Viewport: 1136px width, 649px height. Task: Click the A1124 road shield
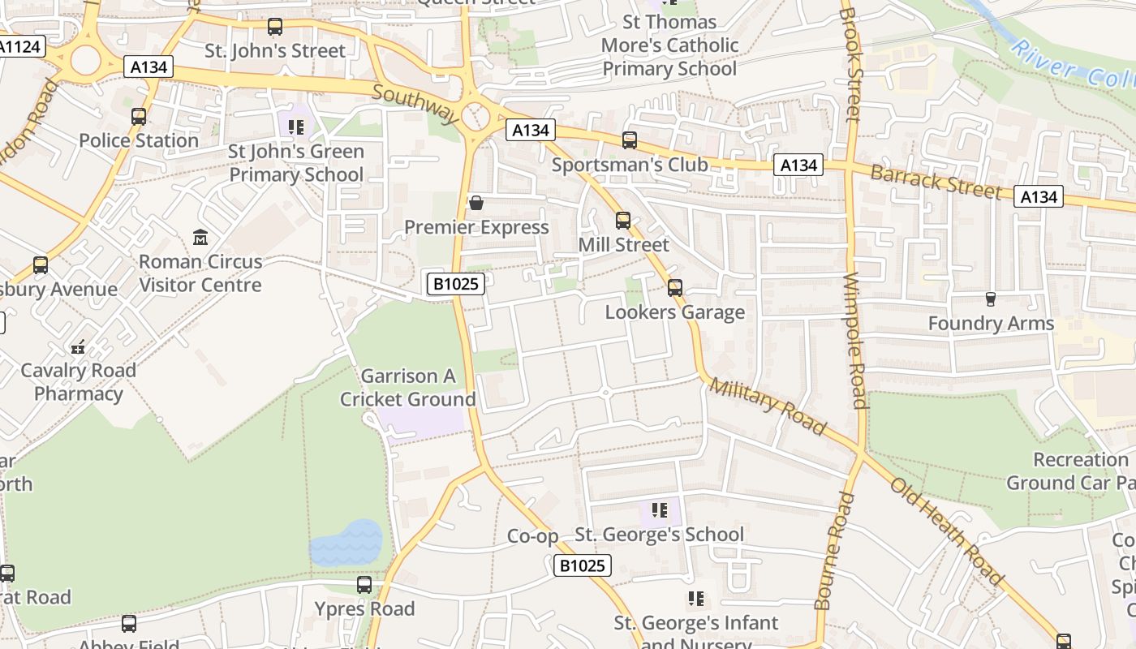pos(19,47)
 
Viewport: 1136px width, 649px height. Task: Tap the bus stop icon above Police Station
pos(139,117)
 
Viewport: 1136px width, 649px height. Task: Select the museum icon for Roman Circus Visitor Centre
pos(200,238)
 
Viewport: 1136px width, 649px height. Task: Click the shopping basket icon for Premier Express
pos(476,203)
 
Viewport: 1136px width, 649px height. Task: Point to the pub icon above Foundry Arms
pos(990,299)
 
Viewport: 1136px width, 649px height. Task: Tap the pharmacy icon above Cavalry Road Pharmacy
pos(78,347)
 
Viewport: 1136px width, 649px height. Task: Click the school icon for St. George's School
pos(660,510)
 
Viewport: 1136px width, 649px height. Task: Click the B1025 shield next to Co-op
pos(583,565)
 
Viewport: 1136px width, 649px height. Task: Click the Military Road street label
pos(768,406)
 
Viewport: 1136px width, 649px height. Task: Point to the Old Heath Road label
pos(947,531)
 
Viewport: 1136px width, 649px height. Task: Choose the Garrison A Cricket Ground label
pos(408,388)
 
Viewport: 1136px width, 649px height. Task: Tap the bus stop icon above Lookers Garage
pos(674,288)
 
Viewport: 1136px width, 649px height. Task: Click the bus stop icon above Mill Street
pos(623,221)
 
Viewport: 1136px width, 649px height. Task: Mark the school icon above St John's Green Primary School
pos(296,127)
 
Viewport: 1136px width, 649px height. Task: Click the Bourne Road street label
pos(826,551)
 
